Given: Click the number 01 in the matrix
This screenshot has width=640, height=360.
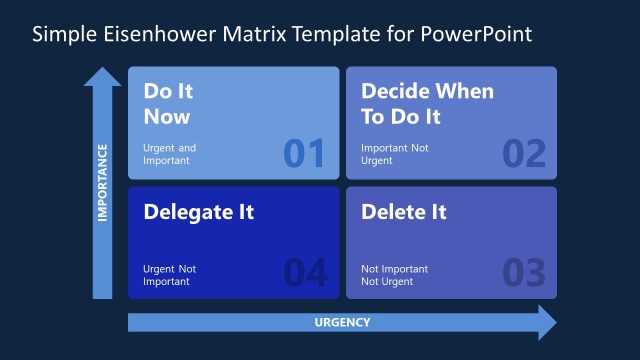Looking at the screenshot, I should [304, 153].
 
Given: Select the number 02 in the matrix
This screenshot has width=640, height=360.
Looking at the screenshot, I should [524, 153].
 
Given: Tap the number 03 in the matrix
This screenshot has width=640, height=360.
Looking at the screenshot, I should [524, 272].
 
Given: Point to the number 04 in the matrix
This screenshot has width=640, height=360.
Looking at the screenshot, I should [304, 272].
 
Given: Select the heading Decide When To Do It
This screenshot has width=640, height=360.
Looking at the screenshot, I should [427, 103].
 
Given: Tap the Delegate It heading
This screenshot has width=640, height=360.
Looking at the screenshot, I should [198, 212].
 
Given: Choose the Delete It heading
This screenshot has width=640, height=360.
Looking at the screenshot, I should [403, 212].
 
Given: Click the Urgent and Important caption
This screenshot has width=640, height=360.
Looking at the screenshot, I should [170, 154].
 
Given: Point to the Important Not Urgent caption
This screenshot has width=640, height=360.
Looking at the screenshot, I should [394, 154].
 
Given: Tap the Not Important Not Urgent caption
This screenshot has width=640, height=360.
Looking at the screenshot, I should [394, 274].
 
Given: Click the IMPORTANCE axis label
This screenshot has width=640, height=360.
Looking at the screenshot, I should [102, 180].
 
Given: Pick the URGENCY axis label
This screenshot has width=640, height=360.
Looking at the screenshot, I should [342, 322].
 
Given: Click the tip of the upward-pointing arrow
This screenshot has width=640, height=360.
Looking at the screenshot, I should [102, 69].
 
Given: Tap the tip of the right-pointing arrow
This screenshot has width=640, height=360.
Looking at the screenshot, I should [555, 322].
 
